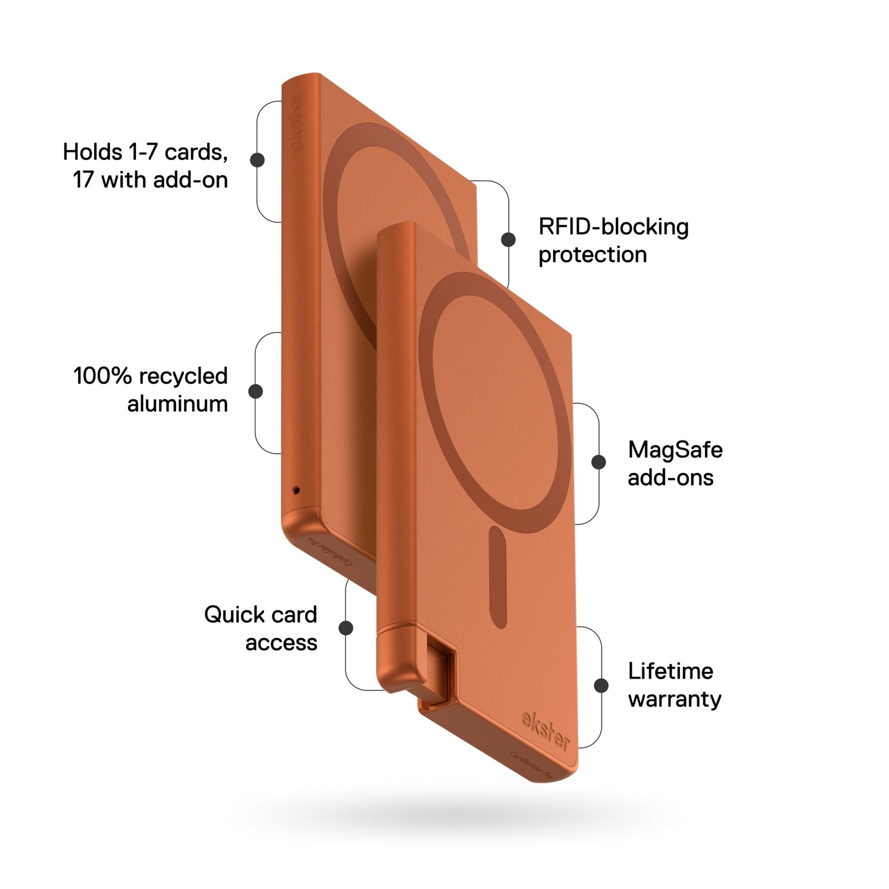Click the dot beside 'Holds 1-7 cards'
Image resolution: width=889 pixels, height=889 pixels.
(257, 160)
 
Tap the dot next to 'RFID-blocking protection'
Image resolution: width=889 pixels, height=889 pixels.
(508, 240)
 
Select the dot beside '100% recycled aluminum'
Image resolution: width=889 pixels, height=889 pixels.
(255, 391)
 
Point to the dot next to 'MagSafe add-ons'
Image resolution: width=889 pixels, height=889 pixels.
(598, 462)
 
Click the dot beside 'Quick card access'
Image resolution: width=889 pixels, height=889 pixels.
(346, 628)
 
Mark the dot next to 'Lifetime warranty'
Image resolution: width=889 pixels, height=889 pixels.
(601, 685)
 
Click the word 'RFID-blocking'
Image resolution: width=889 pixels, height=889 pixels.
(613, 227)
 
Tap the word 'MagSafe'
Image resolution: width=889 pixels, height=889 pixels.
(675, 450)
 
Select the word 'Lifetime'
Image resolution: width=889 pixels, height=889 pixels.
(670, 671)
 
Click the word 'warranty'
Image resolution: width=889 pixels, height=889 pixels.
(674, 700)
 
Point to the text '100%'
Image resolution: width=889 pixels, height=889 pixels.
(99, 376)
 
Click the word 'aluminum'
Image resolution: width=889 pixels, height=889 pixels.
(177, 404)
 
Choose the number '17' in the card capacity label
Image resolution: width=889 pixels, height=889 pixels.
(84, 180)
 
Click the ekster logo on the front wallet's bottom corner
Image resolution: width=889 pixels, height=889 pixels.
(545, 731)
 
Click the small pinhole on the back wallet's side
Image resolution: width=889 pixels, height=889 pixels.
(296, 490)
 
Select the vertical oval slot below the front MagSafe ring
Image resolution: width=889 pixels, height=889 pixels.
(498, 576)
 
